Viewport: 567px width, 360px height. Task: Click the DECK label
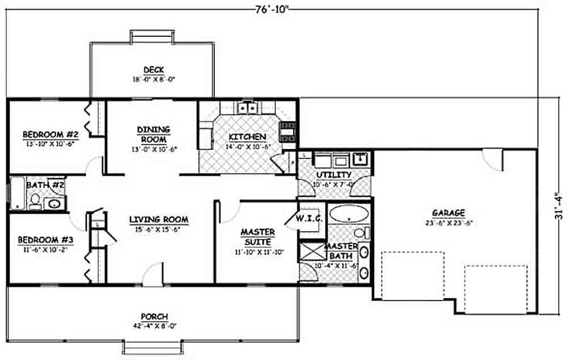tap(154, 70)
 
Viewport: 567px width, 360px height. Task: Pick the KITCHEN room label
tap(247, 137)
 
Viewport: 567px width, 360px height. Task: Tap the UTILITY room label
tap(335, 175)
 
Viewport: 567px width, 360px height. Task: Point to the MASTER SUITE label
tap(257, 236)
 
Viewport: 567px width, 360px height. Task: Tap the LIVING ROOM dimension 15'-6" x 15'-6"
tap(158, 230)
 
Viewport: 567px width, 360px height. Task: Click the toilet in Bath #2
tap(35, 201)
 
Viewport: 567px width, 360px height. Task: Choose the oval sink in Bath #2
tap(55, 203)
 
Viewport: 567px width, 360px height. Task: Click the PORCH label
tap(154, 316)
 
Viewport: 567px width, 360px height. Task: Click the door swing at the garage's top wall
tap(493, 159)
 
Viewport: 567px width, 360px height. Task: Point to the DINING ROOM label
tap(153, 134)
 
